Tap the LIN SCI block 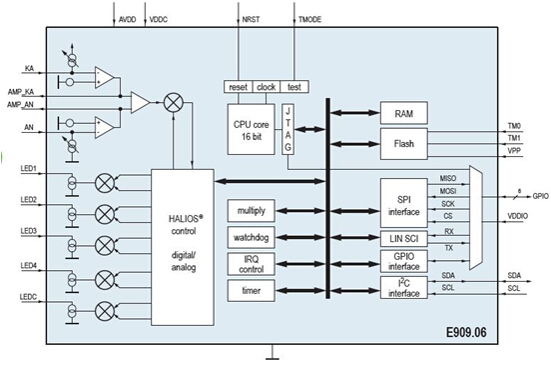pyautogui.click(x=403, y=239)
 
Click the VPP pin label pyautogui.click(x=513, y=151)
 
